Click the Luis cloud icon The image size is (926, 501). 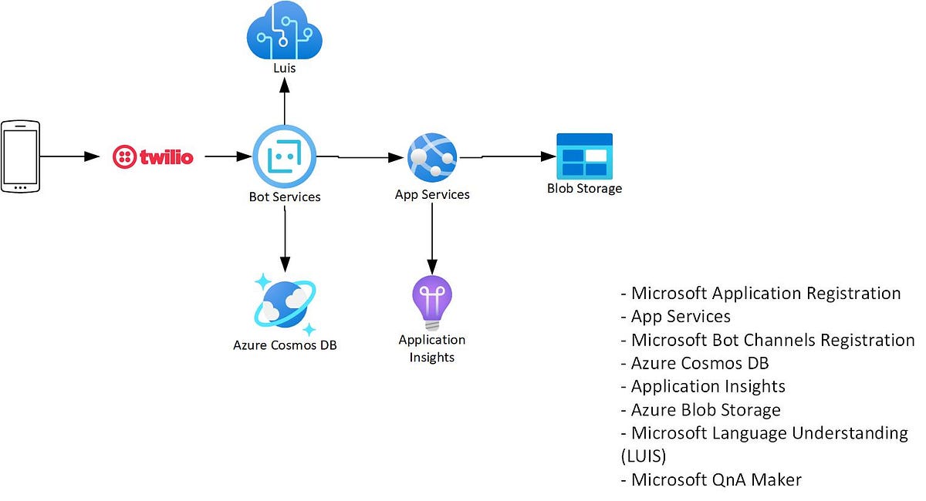(284, 30)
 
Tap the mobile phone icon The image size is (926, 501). (20, 156)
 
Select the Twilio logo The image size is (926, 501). (153, 157)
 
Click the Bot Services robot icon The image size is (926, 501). (285, 157)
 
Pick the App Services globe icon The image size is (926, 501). (432, 157)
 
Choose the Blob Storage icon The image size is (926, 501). (584, 156)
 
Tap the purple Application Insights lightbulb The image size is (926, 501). (432, 303)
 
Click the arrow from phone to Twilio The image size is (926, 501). (70, 156)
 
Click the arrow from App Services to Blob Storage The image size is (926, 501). (517, 156)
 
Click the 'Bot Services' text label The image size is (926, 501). (285, 197)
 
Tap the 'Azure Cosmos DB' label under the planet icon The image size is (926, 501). (285, 345)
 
